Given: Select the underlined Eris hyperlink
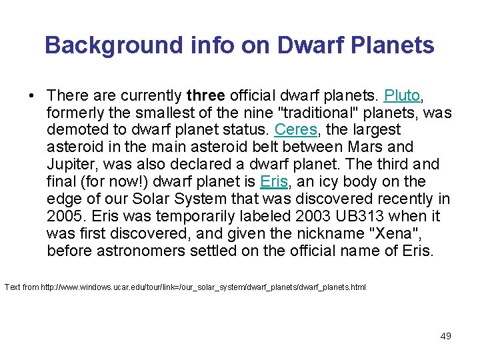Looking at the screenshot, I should tap(273, 181).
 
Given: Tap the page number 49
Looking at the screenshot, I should tap(445, 336).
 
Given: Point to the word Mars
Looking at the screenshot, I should tap(370, 147).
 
